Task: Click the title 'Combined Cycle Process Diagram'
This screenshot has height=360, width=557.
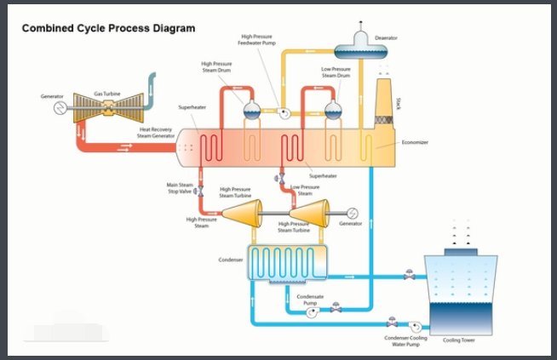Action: pos(108,28)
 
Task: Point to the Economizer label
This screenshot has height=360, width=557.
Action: pos(416,142)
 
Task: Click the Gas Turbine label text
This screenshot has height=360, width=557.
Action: pos(108,93)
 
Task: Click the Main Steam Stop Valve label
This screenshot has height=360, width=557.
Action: pos(180,188)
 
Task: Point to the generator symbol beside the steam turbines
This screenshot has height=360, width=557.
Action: pos(352,212)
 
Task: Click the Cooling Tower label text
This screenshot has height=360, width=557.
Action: pos(459,340)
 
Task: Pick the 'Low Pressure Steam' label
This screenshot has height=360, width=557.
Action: pos(305,190)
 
